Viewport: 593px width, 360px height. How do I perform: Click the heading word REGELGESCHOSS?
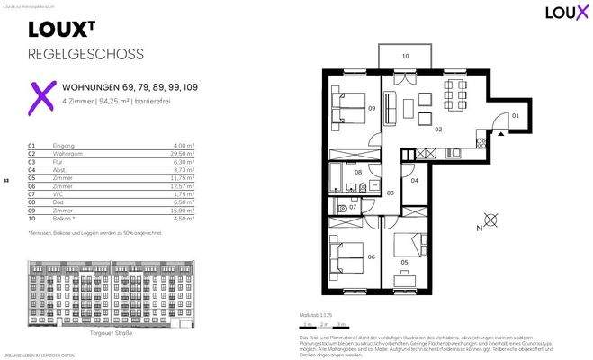click(x=85, y=54)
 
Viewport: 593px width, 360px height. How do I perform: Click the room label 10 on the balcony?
click(x=405, y=56)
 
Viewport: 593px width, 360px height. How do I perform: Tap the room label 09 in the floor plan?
click(x=372, y=108)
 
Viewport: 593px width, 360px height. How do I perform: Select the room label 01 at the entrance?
click(x=516, y=116)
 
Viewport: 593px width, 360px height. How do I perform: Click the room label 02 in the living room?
click(x=438, y=130)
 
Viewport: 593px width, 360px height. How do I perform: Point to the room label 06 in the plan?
click(x=372, y=256)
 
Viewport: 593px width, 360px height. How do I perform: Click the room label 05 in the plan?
click(x=404, y=263)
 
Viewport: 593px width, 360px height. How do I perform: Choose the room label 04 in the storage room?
click(x=414, y=181)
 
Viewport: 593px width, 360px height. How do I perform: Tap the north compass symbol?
click(x=490, y=219)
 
